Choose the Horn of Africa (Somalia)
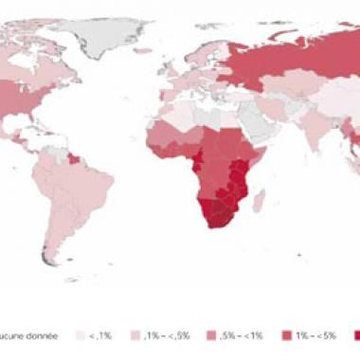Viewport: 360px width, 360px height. [249, 152]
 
